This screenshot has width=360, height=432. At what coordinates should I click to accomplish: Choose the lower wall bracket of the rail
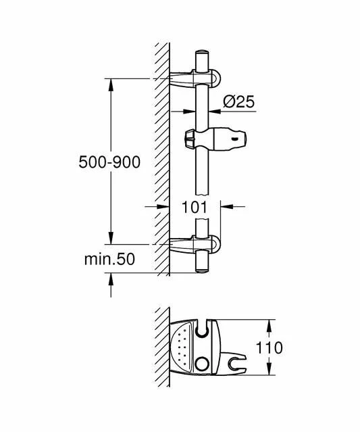192,244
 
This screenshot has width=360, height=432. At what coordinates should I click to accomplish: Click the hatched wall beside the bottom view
160,352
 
